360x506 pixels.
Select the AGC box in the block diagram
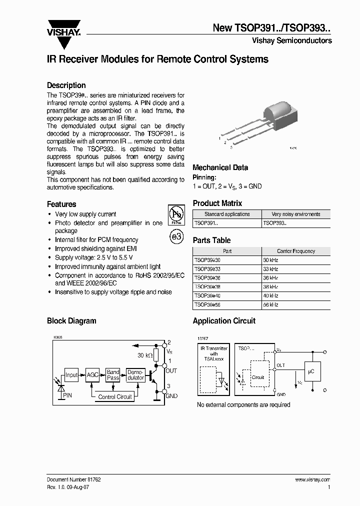coord(92,375)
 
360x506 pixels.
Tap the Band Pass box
coord(113,375)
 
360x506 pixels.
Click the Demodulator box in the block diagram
coord(135,375)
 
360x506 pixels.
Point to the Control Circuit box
coord(115,396)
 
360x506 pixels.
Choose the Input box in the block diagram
coord(71,375)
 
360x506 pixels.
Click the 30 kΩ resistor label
coord(145,355)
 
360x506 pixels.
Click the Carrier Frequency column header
coord(296,251)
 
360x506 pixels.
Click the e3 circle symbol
coord(176,237)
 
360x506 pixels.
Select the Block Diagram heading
coord(71,321)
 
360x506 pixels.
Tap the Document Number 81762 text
coord(74,479)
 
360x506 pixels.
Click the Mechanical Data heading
coord(220,167)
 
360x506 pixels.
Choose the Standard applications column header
coord(227,214)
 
